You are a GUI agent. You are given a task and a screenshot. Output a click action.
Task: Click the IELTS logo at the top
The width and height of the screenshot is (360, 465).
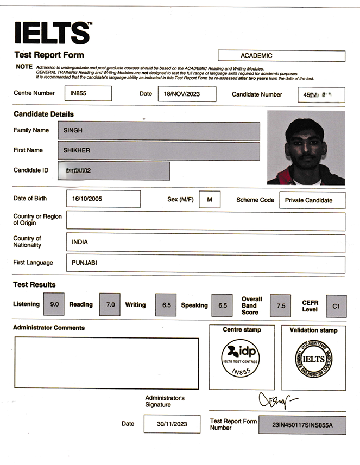pos(53,33)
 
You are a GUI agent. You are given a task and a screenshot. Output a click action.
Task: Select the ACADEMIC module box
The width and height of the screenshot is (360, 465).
pos(281,56)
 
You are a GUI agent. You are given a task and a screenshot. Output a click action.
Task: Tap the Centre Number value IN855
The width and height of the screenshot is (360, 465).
pos(90,93)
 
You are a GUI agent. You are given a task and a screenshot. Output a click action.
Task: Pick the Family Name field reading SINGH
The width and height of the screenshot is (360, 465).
pos(159,131)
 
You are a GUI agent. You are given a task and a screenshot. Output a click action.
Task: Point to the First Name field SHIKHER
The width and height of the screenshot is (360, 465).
pos(159,151)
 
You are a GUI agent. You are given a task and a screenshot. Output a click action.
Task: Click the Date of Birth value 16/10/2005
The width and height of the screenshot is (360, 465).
pos(103,199)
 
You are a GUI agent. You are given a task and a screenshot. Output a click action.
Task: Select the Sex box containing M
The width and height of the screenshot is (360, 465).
pos(210,200)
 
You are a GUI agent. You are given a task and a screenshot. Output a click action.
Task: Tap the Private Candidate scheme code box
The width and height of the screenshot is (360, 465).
pos(312,200)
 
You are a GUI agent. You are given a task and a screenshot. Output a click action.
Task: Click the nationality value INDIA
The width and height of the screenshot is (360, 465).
pos(205,243)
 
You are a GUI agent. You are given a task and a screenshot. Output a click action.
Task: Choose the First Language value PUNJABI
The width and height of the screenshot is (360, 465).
pos(205,264)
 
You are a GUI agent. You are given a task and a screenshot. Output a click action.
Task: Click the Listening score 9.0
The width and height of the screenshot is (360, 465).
pos(54,305)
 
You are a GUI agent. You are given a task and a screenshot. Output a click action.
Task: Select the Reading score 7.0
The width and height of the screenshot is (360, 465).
pos(110,305)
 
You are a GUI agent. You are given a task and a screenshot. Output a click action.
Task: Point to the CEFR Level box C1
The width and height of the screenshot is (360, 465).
pos(336,306)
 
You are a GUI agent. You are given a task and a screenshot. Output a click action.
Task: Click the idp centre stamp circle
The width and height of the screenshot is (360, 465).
pos(241,358)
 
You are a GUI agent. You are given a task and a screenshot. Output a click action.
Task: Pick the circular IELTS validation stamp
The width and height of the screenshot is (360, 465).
pos(313,359)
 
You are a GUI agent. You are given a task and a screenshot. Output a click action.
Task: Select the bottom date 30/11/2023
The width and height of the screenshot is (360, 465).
pos(172,424)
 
